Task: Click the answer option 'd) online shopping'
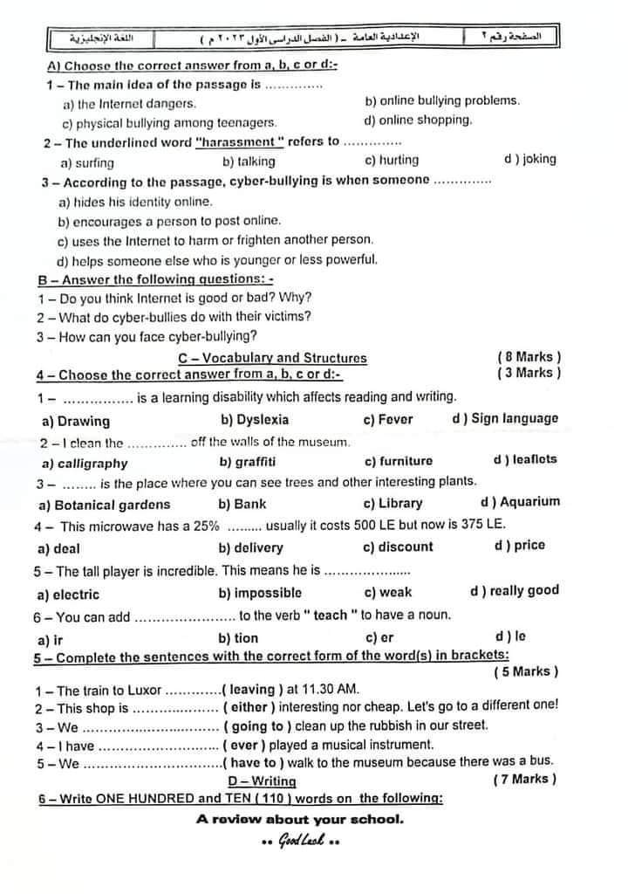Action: (418, 120)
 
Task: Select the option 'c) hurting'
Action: (392, 161)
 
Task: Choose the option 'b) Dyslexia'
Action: (255, 419)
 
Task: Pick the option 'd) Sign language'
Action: (505, 418)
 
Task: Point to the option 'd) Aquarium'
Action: (520, 502)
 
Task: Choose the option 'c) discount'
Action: (398, 547)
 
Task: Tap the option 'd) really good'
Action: (515, 591)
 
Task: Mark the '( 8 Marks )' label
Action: (529, 357)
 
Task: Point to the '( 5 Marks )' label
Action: (526, 672)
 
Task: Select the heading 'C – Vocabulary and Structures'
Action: (272, 358)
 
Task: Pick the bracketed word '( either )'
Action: (253, 708)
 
